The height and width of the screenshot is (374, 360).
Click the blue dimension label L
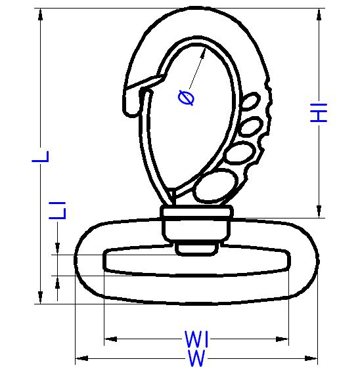[40, 156]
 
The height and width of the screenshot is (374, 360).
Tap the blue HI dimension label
[319, 113]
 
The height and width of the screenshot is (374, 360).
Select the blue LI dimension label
[57, 211]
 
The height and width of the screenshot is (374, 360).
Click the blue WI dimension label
[196, 339]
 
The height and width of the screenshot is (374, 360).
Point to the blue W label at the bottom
[196, 358]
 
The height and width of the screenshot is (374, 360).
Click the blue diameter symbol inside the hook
[186, 97]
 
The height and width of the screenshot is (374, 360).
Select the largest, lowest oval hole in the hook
[215, 187]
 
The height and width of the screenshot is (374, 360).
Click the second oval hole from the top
[252, 125]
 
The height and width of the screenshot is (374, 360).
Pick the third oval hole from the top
[241, 153]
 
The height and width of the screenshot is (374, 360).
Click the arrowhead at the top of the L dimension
[41, 14]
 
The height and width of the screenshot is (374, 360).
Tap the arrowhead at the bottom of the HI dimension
[319, 212]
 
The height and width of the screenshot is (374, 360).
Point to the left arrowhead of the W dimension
[81, 358]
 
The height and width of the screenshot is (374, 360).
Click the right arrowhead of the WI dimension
[282, 339]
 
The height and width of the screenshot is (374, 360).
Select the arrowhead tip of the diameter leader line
[206, 47]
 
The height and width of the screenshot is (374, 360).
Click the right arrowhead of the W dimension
[311, 358]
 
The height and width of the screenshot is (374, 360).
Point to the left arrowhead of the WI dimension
[110, 339]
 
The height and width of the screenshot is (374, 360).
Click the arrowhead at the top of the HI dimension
[319, 14]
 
